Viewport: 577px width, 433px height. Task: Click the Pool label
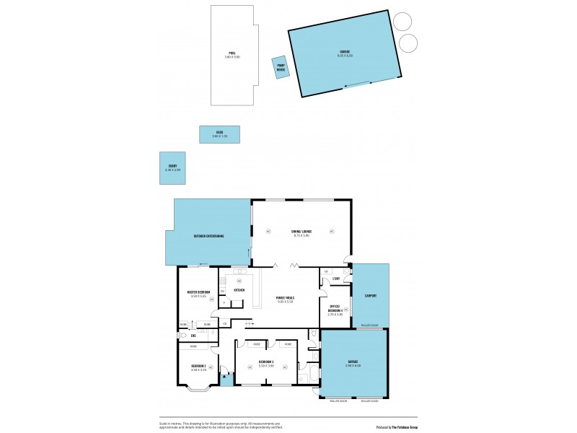pos(232,53)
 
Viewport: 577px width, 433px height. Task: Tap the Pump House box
pos(281,68)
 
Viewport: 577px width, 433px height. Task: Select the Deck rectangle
pos(219,134)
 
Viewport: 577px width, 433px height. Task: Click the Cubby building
pos(172,167)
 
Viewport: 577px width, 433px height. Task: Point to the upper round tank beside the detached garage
pos(405,22)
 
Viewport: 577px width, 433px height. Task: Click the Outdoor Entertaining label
pos(208,236)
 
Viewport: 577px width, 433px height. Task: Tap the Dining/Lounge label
pos(301,231)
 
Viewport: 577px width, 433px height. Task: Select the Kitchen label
pos(239,289)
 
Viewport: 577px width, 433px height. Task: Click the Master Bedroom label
pos(198,292)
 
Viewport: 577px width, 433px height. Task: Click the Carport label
pos(371,295)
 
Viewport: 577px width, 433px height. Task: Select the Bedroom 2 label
pos(198,366)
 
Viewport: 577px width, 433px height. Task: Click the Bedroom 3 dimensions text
pos(267,366)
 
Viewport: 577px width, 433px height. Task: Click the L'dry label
pos(336,278)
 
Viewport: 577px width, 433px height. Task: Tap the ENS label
pos(193,336)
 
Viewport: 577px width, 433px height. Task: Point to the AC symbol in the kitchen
pos(239,279)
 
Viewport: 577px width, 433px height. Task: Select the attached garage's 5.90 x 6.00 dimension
pos(353,366)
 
